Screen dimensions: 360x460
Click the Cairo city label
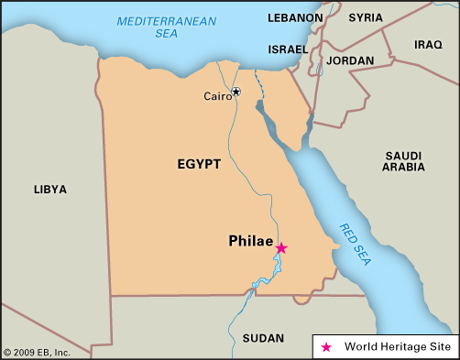click(x=217, y=95)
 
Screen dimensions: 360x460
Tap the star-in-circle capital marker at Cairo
click(x=235, y=92)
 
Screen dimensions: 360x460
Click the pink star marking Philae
click(x=281, y=247)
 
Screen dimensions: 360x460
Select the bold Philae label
click(x=250, y=242)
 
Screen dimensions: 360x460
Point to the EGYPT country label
click(x=199, y=164)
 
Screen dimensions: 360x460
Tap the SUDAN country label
click(x=263, y=338)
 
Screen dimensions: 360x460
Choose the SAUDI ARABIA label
click(x=403, y=160)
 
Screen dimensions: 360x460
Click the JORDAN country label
click(x=350, y=60)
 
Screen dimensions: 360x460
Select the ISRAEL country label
click(x=289, y=49)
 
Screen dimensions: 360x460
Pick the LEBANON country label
click(x=295, y=17)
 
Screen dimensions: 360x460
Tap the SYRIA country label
click(x=366, y=17)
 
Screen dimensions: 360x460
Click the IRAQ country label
click(x=428, y=44)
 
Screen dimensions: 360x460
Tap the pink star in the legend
click(x=327, y=346)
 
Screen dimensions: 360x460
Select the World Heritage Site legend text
click(x=396, y=346)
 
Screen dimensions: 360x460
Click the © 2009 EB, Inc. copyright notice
click(x=37, y=352)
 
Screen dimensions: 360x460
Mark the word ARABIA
click(x=403, y=168)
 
